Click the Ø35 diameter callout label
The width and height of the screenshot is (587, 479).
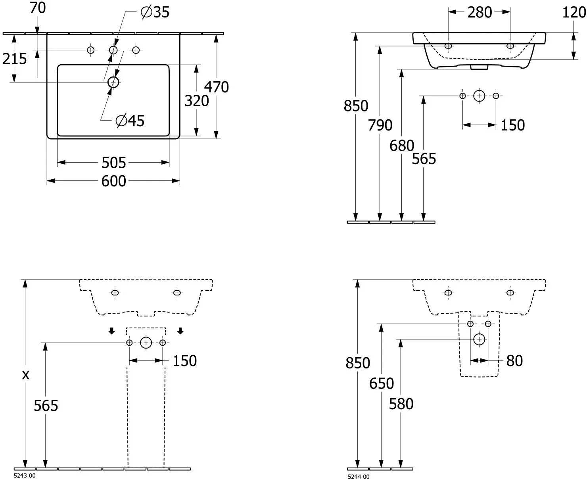[155, 12]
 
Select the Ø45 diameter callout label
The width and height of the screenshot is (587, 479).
[130, 121]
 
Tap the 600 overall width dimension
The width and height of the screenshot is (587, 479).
[113, 181]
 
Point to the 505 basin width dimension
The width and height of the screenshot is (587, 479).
[113, 163]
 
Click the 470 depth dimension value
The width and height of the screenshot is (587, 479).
[217, 87]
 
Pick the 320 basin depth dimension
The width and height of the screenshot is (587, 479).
[197, 101]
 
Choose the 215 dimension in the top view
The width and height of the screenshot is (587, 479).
[14, 59]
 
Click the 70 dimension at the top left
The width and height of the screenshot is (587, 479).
[38, 8]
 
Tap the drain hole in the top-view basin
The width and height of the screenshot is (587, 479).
[113, 82]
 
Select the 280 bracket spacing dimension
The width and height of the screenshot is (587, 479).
[480, 12]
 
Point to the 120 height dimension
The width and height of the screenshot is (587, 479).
[574, 12]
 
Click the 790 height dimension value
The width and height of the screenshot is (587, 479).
[380, 125]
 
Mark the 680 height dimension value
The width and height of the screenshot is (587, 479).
[402, 146]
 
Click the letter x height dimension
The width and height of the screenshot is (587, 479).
[26, 375]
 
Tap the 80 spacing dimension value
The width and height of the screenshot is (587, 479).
[515, 361]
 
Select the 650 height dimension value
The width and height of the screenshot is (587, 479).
[382, 383]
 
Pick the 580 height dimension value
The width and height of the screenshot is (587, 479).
[401, 404]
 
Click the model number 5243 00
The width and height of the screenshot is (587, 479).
[25, 475]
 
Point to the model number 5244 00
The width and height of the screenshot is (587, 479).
[359, 477]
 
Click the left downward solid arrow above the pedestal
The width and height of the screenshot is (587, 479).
[111, 331]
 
